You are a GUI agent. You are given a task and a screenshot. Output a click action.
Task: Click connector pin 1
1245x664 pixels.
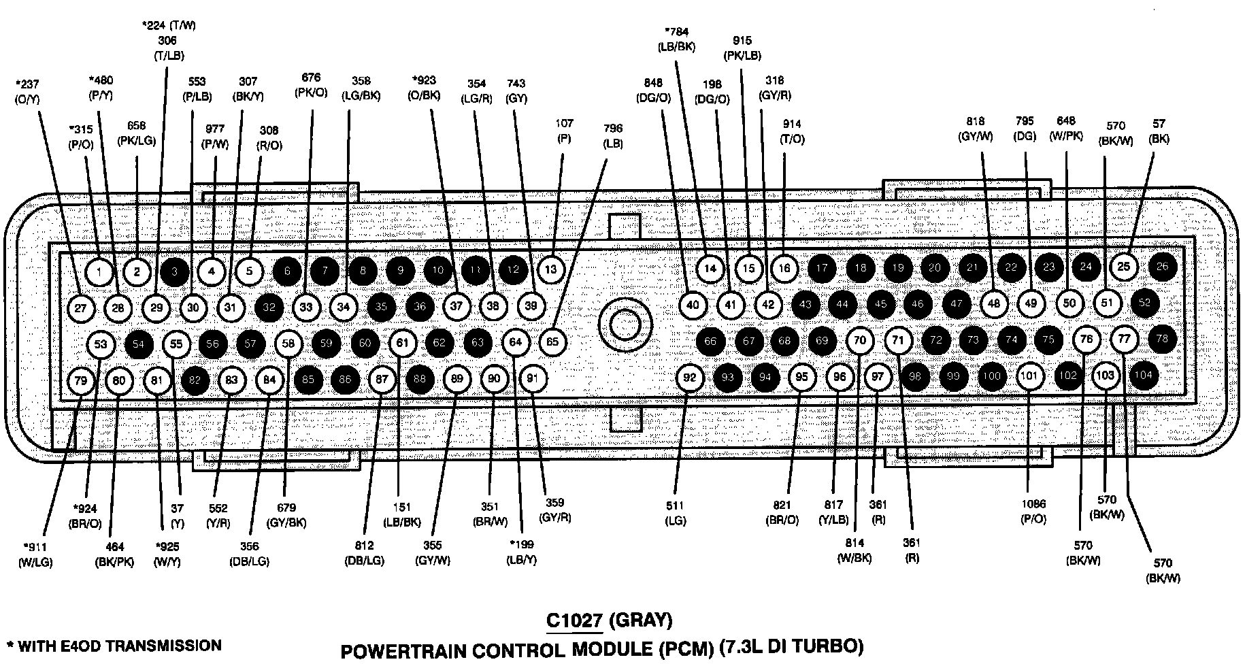pos(99,272)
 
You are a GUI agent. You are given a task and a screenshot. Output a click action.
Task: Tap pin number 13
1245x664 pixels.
pos(551,269)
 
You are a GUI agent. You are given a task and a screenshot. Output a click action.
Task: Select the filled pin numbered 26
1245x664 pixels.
pos(1162,266)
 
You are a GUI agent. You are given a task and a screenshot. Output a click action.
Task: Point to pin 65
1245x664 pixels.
pos(552,341)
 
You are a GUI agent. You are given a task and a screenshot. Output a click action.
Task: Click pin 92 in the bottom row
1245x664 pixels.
pos(691,377)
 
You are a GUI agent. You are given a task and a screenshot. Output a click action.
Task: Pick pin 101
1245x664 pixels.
pos(1030,376)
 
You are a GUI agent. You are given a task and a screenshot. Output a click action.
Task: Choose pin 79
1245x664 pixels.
pos(81,380)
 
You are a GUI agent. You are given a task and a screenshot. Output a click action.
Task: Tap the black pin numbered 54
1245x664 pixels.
pos(138,344)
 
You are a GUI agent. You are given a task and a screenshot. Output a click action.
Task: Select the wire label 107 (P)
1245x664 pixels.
pos(564,131)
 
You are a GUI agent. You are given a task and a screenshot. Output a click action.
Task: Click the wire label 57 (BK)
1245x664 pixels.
pos(1158,131)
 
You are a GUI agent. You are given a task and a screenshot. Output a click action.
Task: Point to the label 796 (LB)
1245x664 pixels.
pos(612,136)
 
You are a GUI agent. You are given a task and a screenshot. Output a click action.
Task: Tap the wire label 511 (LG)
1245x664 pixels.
pos(676,513)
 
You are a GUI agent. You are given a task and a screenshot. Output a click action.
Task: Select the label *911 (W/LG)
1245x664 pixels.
pos(37,554)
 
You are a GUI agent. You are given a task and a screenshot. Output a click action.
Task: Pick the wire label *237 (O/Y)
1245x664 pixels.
pos(28,91)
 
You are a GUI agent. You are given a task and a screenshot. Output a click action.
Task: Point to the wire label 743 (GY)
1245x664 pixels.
pos(516,90)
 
